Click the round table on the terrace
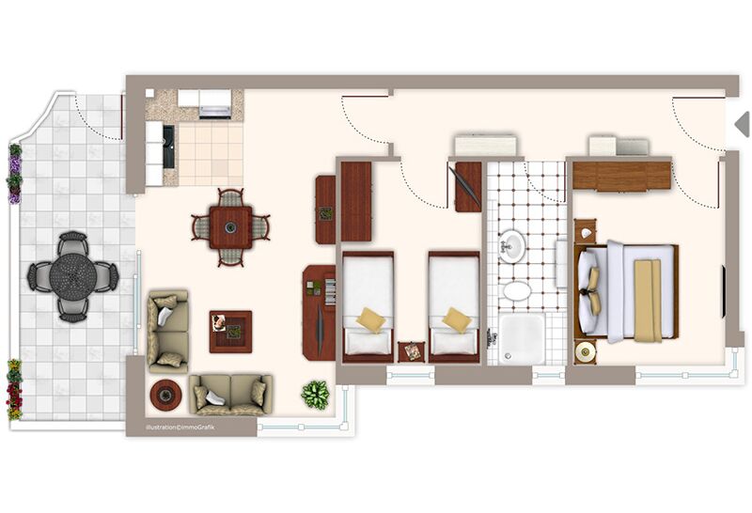(x=73, y=276)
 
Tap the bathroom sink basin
(x=512, y=246)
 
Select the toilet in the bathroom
(x=518, y=290)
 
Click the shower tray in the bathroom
(x=522, y=339)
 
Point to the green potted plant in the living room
(x=316, y=395)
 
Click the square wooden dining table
(x=230, y=227)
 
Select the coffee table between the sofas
(x=230, y=332)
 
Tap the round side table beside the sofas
(x=165, y=395)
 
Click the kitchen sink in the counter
(x=169, y=147)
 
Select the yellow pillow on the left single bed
(x=370, y=319)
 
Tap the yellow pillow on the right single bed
(x=457, y=319)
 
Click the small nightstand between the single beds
(x=412, y=352)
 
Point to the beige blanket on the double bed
(x=648, y=301)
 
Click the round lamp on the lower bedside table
(x=585, y=352)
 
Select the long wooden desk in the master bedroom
(x=621, y=176)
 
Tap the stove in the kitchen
(x=215, y=104)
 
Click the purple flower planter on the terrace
(x=14, y=174)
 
